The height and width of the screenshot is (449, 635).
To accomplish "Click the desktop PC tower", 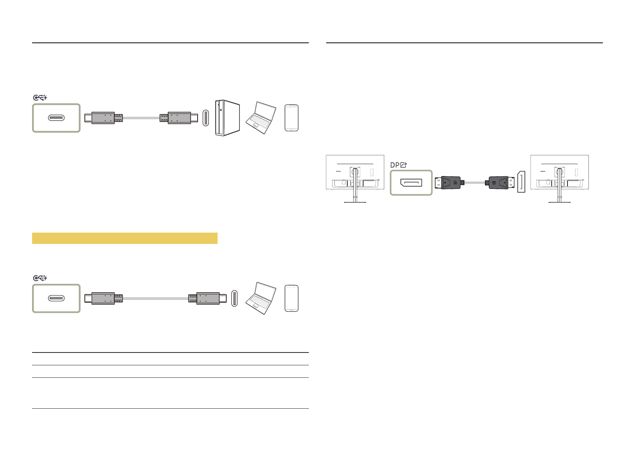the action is tap(227, 118).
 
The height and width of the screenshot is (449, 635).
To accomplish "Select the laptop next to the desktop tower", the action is tap(261, 118).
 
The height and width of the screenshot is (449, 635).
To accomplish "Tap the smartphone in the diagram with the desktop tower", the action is tap(291, 118).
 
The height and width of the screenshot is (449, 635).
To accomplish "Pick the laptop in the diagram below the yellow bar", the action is tap(261, 298).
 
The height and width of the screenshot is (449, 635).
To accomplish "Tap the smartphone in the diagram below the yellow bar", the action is tap(291, 298).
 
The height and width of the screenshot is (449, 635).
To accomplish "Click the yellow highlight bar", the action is tap(125, 238).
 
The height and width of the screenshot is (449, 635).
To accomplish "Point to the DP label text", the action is tap(395, 165).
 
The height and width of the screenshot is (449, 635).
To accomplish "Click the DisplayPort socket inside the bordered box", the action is tap(411, 183).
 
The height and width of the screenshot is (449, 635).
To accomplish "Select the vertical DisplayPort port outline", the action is tap(521, 182).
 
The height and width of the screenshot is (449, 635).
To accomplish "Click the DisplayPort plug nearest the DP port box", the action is tap(449, 183).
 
